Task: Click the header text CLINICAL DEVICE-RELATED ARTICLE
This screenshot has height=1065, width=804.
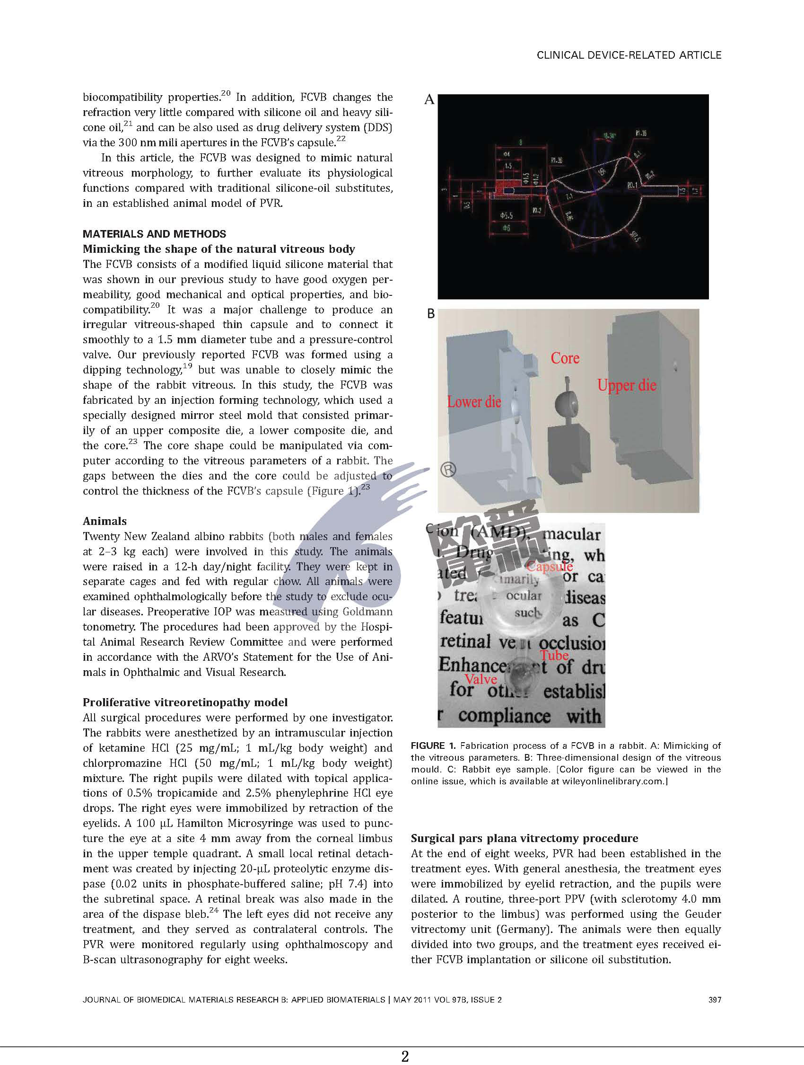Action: click(629, 55)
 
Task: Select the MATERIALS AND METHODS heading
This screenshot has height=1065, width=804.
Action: click(154, 234)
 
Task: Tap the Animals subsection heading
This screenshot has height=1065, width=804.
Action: click(105, 521)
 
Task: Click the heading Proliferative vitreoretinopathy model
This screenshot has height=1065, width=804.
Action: click(185, 702)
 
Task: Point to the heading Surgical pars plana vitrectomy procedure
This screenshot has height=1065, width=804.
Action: click(524, 838)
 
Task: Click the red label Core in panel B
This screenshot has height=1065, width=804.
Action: click(565, 358)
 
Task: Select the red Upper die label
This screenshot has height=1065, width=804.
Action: click(627, 385)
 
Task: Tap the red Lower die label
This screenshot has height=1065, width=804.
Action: click(474, 401)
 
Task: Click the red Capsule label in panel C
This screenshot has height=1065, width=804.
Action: click(549, 567)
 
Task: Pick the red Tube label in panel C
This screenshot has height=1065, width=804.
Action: click(554, 655)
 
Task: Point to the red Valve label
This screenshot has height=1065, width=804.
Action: click(480, 679)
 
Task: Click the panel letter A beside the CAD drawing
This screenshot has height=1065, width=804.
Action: click(429, 100)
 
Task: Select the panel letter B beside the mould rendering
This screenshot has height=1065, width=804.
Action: click(431, 314)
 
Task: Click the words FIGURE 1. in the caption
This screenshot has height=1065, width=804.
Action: click(433, 746)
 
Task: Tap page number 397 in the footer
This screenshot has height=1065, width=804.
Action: click(715, 1000)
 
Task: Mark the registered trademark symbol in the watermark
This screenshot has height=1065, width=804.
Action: click(448, 470)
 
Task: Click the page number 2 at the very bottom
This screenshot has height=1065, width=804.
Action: click(405, 1056)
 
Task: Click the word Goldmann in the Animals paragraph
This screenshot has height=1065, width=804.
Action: click(367, 612)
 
